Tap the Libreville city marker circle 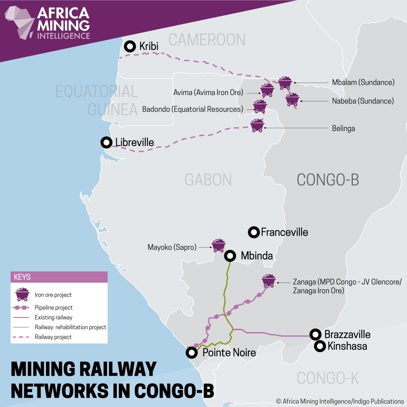click(x=106, y=142)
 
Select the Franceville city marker click(x=254, y=232)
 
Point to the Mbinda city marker click(x=230, y=256)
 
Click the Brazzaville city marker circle click(x=315, y=335)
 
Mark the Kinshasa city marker click(x=320, y=346)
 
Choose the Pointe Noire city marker click(x=191, y=352)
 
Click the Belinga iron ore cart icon click(x=257, y=125)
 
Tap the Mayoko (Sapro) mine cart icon click(x=219, y=245)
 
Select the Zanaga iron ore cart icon click(x=269, y=281)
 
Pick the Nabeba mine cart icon click(x=292, y=99)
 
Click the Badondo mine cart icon click(x=260, y=106)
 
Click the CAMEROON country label click(x=207, y=40)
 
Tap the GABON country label click(x=208, y=179)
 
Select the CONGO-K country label click(x=328, y=378)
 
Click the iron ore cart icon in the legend click(x=22, y=294)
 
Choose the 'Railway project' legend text click(x=53, y=337)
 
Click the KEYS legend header click(x=22, y=277)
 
